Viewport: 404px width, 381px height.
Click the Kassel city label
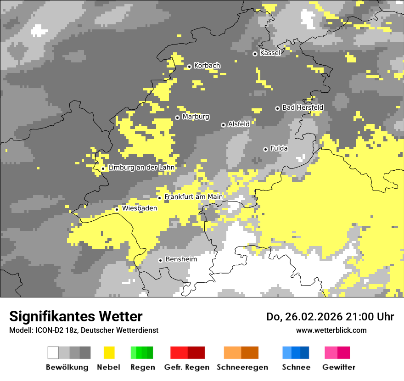point(270,53)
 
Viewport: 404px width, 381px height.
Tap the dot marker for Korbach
point(189,67)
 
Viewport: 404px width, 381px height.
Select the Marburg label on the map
point(196,117)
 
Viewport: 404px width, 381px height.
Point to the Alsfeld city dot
point(223,125)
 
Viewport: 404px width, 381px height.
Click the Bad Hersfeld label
point(303,107)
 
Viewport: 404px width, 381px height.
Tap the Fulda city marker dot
point(265,149)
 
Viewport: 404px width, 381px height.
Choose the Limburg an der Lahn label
point(141,168)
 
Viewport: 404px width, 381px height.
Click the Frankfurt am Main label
point(193,197)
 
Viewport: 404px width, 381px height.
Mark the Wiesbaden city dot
point(117,209)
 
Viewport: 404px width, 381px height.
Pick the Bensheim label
point(181,259)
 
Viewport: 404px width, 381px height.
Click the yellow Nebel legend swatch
point(109,353)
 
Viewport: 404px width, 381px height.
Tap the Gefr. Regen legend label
point(187,367)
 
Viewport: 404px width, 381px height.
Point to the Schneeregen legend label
point(242,367)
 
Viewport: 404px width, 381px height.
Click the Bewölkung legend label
point(67,367)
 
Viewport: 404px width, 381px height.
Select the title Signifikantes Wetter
point(76,316)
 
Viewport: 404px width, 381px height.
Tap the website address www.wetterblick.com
point(331,330)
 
